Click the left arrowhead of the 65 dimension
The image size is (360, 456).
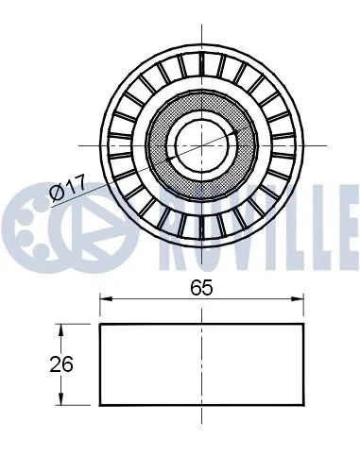[x=105, y=300]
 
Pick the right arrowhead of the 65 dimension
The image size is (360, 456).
[x=300, y=300]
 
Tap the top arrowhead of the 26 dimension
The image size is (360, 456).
[x=61, y=329]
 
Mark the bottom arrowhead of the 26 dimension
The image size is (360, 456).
[x=61, y=400]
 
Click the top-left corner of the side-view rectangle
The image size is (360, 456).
[x=100, y=325]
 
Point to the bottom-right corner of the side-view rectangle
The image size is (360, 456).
[x=305, y=405]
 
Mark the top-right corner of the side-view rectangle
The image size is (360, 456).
[x=305, y=325]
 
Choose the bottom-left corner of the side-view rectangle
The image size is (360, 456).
[x=100, y=405]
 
